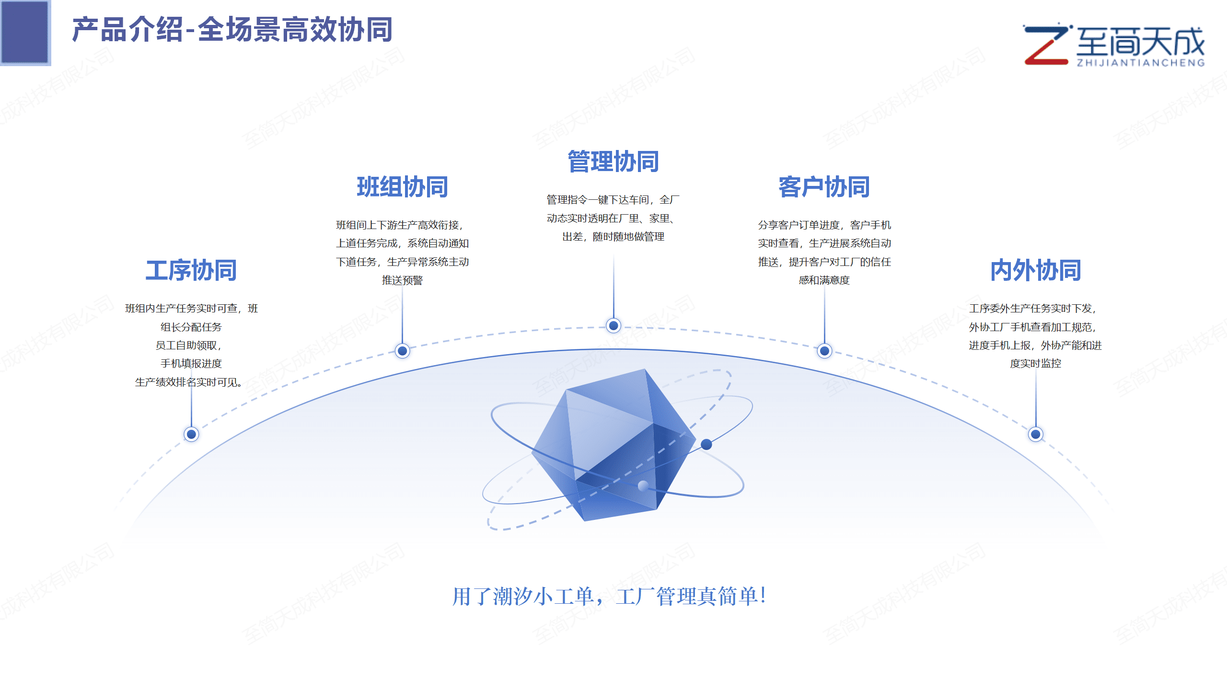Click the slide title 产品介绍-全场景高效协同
coord(232,30)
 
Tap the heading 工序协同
coord(191,270)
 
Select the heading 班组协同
coord(403,187)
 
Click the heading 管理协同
coord(613,161)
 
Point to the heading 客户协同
coord(824,187)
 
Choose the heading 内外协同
coord(1036,270)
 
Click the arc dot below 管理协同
coord(613,326)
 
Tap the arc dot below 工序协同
coord(191,434)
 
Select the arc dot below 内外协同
coord(1036,434)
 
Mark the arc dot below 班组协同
coord(403,351)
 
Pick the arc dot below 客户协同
coord(824,351)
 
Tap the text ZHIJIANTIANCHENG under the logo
coord(1141,63)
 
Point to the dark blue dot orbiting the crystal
coord(706,444)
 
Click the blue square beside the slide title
coord(25,32)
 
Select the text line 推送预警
coord(403,280)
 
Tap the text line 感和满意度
coord(824,280)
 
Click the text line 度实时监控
coord(1036,364)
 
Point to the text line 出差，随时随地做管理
coord(613,237)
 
